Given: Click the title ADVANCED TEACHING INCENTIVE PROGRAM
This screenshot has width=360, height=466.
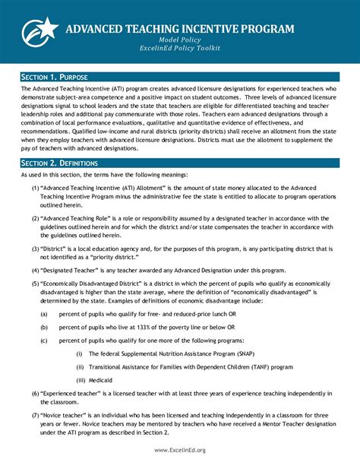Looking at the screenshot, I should point(179,29).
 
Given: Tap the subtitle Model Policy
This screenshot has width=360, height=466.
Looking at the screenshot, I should point(179,40).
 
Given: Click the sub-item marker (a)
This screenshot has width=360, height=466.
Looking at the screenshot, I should point(46,313).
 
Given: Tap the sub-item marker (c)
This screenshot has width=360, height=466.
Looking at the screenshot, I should point(46,340).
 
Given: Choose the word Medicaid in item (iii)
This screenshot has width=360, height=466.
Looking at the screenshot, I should point(103,379).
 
